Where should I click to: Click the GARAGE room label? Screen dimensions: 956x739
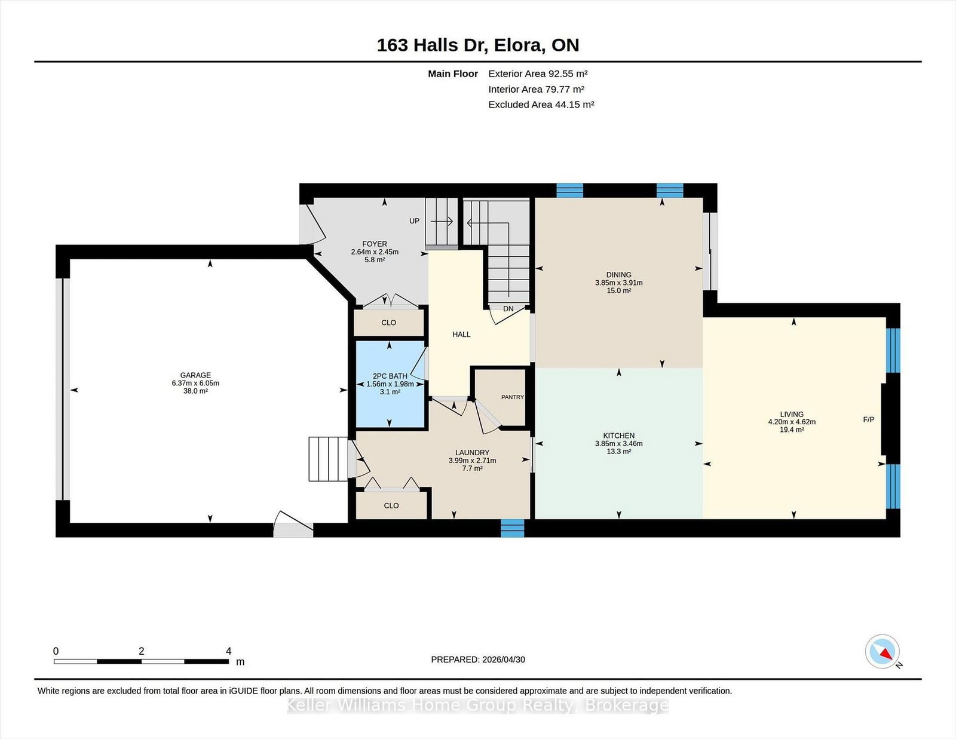(x=195, y=375)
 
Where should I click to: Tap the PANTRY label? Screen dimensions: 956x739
(x=513, y=397)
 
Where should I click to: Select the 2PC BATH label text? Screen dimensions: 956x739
(x=390, y=376)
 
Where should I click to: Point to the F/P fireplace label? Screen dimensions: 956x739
(x=868, y=419)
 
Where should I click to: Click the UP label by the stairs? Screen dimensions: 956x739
(x=415, y=221)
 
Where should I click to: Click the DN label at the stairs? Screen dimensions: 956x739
(x=508, y=309)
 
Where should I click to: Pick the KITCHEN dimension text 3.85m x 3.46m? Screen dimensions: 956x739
(x=618, y=443)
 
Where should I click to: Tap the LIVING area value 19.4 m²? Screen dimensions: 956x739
(x=792, y=430)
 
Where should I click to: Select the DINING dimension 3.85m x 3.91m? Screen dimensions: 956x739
(x=618, y=283)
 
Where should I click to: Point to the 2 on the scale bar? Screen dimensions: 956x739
(x=141, y=651)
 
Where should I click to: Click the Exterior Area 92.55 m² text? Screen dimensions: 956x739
(x=538, y=73)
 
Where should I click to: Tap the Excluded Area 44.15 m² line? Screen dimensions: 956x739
(x=541, y=105)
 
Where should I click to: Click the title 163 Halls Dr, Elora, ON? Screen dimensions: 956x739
(x=478, y=45)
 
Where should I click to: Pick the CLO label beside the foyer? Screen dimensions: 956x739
(x=388, y=323)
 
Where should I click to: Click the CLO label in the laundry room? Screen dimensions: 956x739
(x=391, y=505)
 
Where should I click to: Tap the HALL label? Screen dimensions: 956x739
(x=461, y=335)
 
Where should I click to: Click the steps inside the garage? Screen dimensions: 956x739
(x=328, y=459)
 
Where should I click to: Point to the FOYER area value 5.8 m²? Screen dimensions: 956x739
(x=375, y=260)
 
